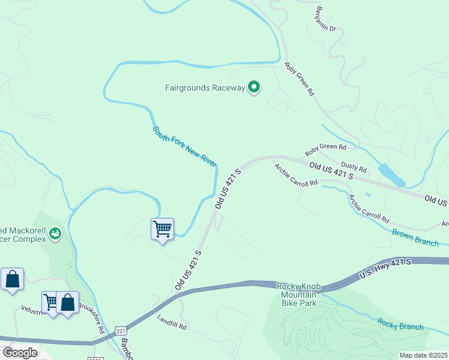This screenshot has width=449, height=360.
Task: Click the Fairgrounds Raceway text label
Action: [205, 88]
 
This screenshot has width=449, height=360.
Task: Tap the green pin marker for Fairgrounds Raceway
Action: [254, 88]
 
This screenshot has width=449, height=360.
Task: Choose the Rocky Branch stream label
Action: [400, 323]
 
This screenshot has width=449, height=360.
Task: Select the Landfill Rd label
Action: [172, 323]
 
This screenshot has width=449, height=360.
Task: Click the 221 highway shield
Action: [121, 331]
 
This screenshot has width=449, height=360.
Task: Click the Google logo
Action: [19, 353]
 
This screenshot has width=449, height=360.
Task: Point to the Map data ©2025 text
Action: [423, 355]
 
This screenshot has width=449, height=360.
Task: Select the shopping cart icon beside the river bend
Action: [162, 229]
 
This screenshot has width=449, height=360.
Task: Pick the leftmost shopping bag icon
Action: [12, 279]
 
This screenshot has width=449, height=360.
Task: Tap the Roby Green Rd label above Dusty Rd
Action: [325, 148]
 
